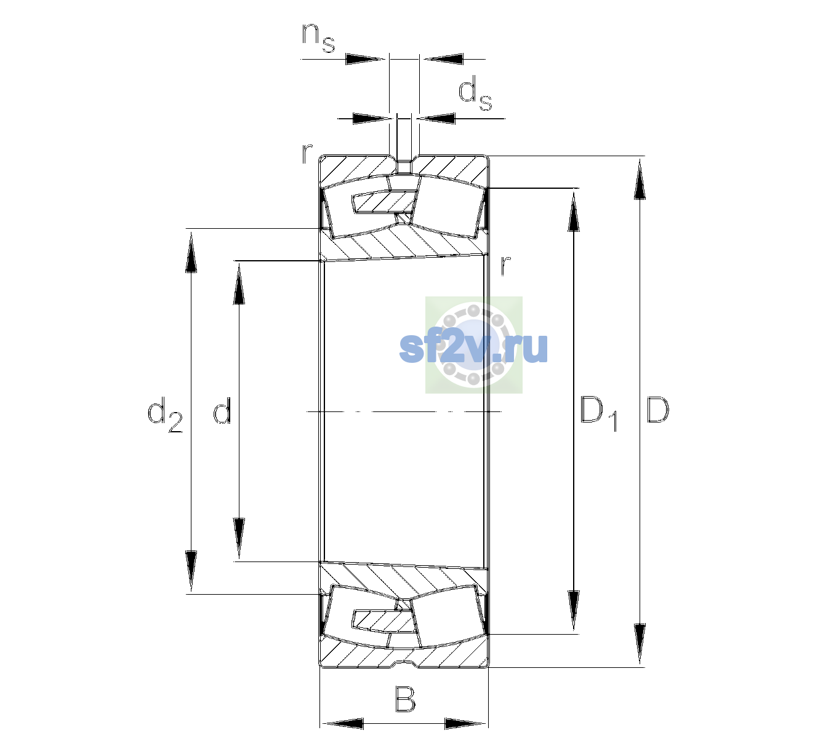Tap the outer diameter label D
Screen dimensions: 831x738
(657, 410)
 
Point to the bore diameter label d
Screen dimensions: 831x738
(222, 410)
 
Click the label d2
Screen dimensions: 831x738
(165, 415)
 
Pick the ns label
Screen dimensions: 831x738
(318, 38)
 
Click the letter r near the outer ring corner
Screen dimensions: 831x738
(307, 154)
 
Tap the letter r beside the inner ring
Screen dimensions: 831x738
(506, 265)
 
